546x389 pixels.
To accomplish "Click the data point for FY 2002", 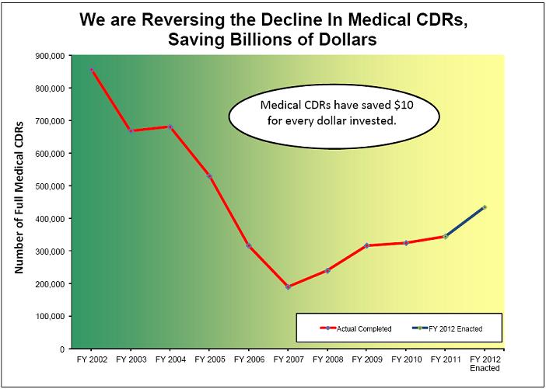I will tap(92, 70).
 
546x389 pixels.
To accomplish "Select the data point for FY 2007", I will tap(288, 287).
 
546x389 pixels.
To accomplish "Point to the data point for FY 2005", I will tap(209, 176).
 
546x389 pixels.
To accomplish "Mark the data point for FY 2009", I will tap(366, 245).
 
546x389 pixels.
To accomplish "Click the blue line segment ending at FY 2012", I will tap(464, 222).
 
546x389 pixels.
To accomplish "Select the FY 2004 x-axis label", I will tap(170, 360).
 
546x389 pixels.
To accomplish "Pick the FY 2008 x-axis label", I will tap(327, 360).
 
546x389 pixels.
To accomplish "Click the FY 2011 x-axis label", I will tap(445, 360).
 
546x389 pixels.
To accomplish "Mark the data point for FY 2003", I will tap(131, 130).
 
